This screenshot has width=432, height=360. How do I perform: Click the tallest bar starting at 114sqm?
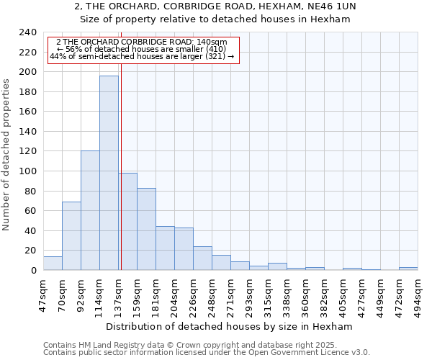109,173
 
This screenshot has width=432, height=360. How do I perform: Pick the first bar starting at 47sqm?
53,264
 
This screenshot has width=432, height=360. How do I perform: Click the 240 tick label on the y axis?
27,32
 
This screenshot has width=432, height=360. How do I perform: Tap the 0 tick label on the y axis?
34,271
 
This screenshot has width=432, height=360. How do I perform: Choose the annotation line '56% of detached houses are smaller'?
141,49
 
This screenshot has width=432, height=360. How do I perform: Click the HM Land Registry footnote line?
206,345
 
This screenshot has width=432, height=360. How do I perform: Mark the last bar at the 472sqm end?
408,269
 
